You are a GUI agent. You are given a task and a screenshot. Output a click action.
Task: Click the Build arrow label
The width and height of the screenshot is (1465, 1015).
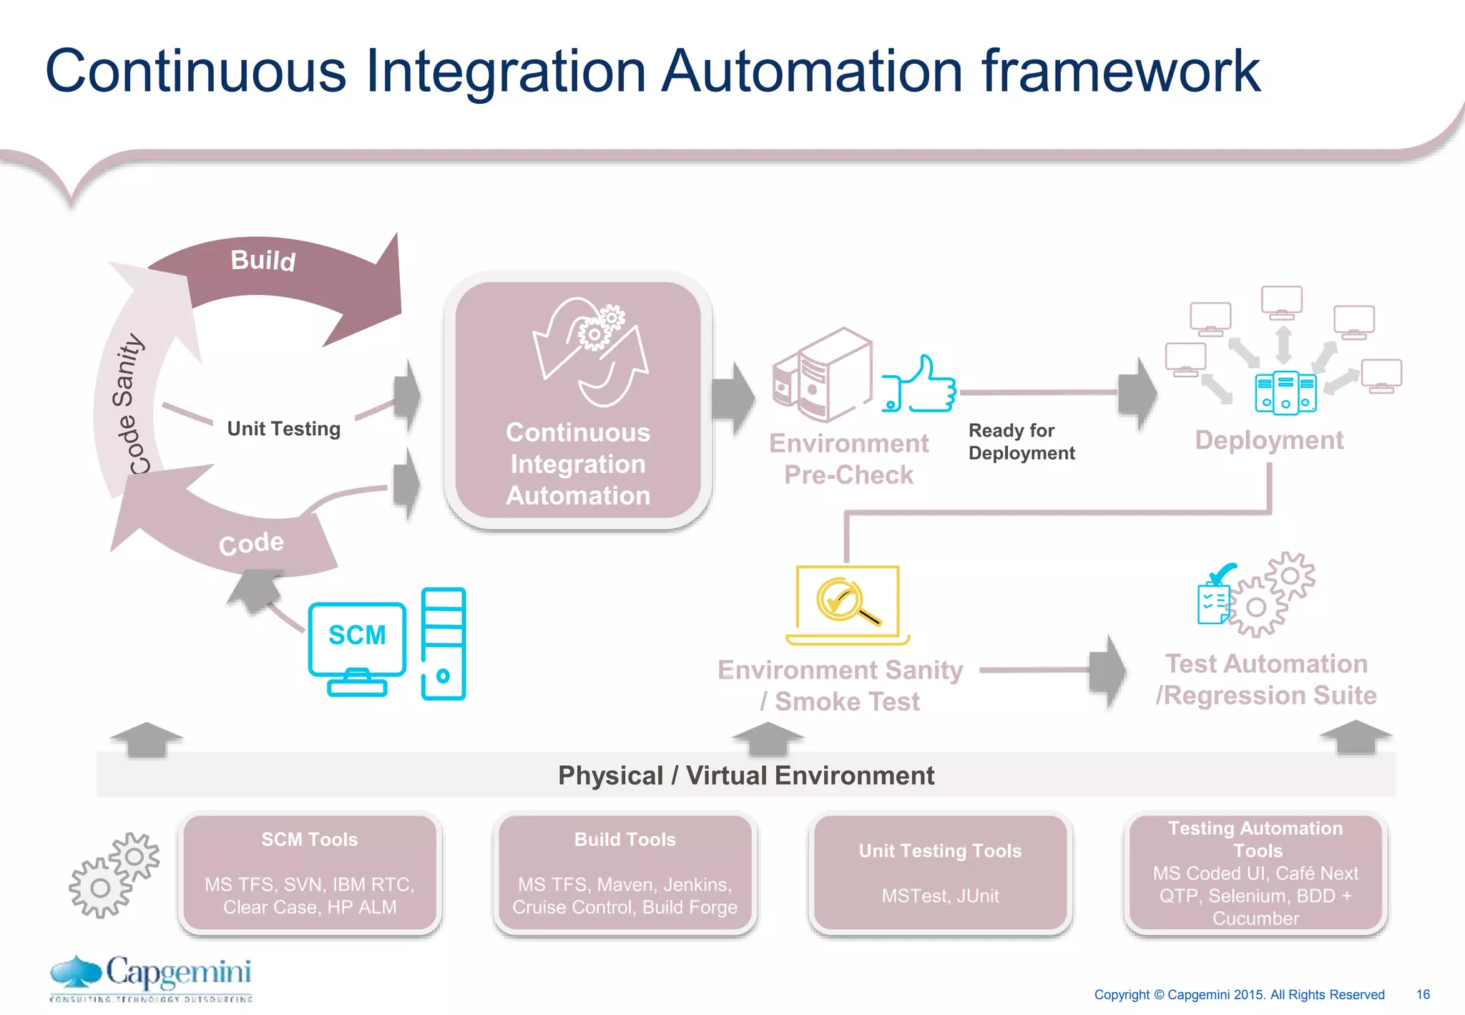coord(263,261)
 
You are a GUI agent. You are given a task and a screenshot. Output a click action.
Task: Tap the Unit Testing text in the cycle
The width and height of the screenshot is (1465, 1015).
coord(283,429)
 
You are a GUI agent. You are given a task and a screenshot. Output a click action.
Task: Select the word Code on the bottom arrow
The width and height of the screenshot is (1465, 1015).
coord(251,544)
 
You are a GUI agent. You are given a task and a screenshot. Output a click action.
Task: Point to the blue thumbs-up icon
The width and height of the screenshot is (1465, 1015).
coord(920,387)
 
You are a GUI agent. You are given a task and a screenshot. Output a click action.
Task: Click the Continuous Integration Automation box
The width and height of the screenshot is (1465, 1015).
coord(578,401)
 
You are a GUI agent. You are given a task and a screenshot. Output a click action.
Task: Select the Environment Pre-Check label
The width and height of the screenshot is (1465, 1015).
coord(848,459)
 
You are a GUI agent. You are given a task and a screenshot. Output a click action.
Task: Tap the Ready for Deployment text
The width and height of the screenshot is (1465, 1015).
coord(1021,442)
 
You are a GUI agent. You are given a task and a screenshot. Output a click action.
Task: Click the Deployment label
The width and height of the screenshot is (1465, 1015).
coord(1269,440)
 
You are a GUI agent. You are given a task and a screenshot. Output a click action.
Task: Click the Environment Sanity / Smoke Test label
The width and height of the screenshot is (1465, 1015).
coord(841,685)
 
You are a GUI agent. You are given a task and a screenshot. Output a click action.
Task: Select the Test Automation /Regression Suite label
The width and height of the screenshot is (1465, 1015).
coord(1266,679)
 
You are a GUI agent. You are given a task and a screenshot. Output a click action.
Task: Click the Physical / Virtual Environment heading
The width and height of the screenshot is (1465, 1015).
coord(745,775)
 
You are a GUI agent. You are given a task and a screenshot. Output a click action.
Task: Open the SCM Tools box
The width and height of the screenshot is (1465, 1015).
coord(310,873)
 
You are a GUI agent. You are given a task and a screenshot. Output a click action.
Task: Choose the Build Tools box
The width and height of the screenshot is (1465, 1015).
coord(624,873)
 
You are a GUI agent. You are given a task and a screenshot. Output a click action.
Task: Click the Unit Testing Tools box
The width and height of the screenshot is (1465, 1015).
coord(940,873)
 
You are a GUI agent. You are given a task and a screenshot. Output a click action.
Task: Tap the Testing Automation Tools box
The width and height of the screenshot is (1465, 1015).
coord(1255,873)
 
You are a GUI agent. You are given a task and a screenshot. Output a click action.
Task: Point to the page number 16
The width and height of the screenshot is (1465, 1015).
coord(1423,994)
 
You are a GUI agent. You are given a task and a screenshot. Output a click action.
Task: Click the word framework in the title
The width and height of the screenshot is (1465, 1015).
coord(1120,72)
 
